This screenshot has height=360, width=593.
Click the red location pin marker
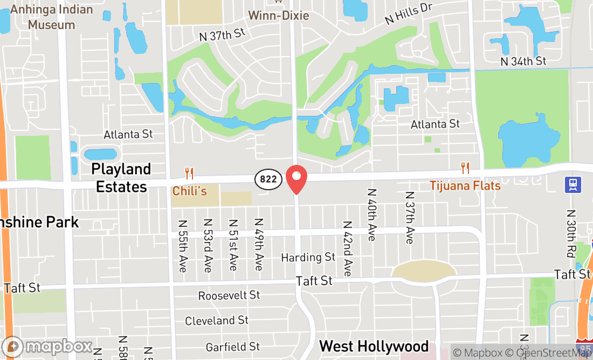click(x=296, y=179)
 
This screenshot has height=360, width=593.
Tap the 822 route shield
click(x=268, y=179)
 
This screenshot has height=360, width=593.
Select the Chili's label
click(x=189, y=191)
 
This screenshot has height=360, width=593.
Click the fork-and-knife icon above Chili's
click(x=189, y=173)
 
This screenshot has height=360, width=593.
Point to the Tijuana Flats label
click(x=465, y=186)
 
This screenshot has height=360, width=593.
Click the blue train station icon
click(x=573, y=185)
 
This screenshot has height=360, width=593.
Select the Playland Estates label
click(x=121, y=178)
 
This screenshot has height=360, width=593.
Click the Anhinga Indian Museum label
click(x=51, y=17)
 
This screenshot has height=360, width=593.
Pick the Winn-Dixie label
click(x=278, y=15)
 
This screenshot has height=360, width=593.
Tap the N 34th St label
click(x=523, y=61)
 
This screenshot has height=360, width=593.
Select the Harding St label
click(x=308, y=258)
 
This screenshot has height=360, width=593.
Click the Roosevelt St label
click(x=229, y=295)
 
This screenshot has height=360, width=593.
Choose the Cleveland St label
click(x=217, y=321)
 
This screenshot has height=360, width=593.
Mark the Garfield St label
click(x=233, y=347)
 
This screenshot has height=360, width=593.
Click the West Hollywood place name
click(x=374, y=346)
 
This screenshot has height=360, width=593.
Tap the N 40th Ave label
click(x=371, y=214)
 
